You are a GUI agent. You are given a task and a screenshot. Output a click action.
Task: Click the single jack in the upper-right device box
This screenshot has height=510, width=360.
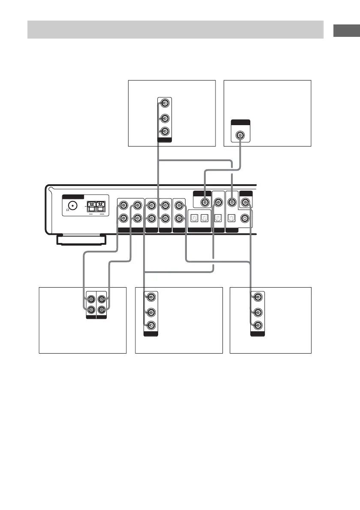240,136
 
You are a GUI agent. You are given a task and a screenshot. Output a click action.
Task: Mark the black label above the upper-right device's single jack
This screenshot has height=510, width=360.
240,123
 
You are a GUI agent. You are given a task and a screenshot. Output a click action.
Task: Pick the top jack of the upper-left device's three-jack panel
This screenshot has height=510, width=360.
165,103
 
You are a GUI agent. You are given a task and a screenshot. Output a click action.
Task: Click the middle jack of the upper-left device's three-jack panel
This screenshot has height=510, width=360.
165,118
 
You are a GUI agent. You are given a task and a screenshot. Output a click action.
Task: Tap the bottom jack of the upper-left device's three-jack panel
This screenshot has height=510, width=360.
165,131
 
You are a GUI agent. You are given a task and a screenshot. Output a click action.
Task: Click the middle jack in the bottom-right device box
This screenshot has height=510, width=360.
256,312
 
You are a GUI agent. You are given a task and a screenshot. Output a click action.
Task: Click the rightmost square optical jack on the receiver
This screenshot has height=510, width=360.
232,218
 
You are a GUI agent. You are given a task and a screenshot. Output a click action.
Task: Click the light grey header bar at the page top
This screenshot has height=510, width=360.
175,29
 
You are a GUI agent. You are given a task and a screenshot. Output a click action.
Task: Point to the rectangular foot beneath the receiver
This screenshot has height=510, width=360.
82,240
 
